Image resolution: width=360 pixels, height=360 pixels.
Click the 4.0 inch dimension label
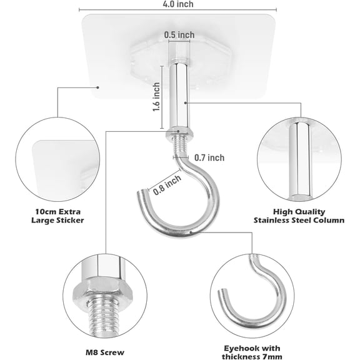click(x=178, y=4)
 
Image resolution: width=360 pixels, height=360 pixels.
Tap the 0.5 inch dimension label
click(x=179, y=35)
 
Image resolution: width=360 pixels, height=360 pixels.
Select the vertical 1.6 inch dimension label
click(x=156, y=97)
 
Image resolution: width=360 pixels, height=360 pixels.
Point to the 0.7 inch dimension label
click(x=209, y=157)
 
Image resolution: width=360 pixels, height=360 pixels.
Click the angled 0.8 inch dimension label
click(x=167, y=184)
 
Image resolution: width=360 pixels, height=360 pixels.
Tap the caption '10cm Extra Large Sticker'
click(x=57, y=216)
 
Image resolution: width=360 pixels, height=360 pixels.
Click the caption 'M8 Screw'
click(x=105, y=352)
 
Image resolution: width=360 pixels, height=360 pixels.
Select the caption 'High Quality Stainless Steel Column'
click(x=299, y=216)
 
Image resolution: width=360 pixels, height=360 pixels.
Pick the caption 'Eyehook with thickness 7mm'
click(x=252, y=352)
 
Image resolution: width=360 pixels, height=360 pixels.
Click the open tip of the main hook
click(x=142, y=192)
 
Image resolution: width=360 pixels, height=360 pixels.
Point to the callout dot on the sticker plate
click(x=97, y=87)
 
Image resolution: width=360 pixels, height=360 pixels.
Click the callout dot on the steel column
click(x=186, y=103)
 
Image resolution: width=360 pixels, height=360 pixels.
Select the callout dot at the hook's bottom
click(x=191, y=232)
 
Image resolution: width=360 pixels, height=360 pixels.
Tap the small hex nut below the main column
click(x=179, y=132)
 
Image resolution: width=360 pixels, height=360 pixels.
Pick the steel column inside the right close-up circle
click(x=299, y=161)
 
